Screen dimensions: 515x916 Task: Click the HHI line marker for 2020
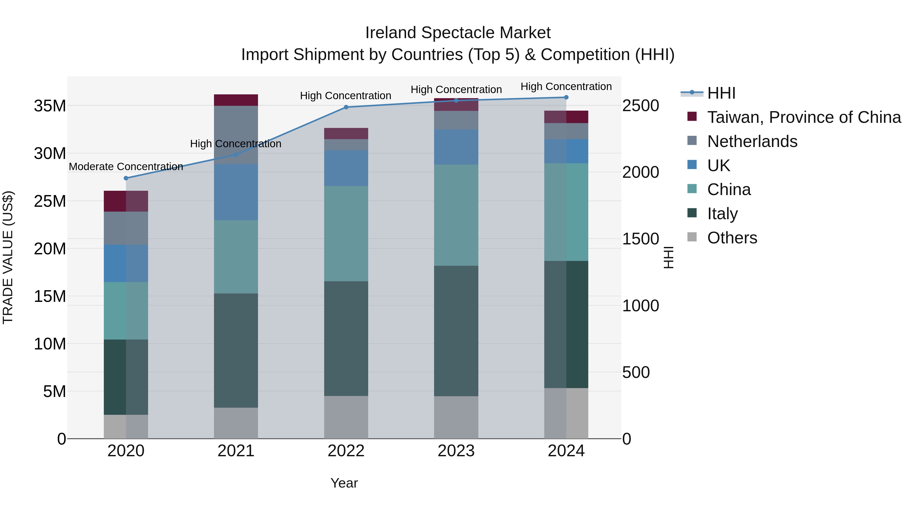pyautogui.click(x=126, y=178)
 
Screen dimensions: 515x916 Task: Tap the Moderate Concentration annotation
pyautogui.click(x=126, y=166)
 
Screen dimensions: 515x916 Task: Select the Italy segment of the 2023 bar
pyautogui.click(x=456, y=331)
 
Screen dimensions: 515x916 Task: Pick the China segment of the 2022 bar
pyautogui.click(x=346, y=233)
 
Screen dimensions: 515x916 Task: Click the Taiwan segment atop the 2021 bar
pyautogui.click(x=236, y=100)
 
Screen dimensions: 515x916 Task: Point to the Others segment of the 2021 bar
pyautogui.click(x=236, y=423)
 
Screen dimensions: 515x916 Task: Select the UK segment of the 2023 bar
pyautogui.click(x=456, y=147)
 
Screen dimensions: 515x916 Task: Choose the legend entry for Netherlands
pyautogui.click(x=752, y=141)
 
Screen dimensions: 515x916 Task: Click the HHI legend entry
pyautogui.click(x=721, y=93)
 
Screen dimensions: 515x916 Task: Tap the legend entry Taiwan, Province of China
pyautogui.click(x=804, y=117)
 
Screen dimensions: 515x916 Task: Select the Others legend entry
pyautogui.click(x=732, y=238)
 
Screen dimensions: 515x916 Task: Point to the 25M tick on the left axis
pyautogui.click(x=50, y=201)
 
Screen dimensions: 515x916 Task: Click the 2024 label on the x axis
pyautogui.click(x=566, y=451)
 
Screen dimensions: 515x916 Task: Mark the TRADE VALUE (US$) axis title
pyautogui.click(x=8, y=257)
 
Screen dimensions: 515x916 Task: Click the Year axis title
pyautogui.click(x=344, y=483)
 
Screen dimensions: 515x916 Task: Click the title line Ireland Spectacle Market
pyautogui.click(x=458, y=33)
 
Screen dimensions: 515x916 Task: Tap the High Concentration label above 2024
pyautogui.click(x=566, y=86)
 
